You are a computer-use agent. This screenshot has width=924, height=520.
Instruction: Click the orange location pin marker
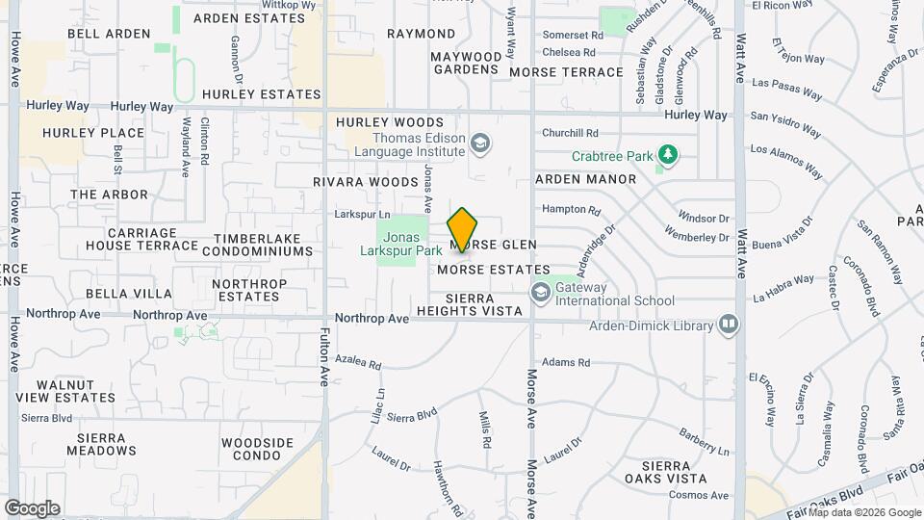pos(462,230)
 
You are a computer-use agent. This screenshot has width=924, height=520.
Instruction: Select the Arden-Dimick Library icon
pos(729,325)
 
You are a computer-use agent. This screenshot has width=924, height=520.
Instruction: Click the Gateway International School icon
pos(540,290)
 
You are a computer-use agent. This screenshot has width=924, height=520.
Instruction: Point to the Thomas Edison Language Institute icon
pos(479,143)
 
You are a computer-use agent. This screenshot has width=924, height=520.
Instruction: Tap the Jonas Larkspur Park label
pos(409,244)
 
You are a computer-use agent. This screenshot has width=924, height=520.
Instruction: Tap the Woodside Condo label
pos(257,449)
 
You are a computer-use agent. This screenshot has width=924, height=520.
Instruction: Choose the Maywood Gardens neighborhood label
pos(467,63)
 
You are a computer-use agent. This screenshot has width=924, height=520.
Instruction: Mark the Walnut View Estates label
pos(65,391)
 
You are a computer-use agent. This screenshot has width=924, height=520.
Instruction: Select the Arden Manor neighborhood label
pos(585,179)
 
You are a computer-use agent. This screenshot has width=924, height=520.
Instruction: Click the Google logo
pos(32,508)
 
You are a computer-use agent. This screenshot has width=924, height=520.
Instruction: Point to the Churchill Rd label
pos(571,133)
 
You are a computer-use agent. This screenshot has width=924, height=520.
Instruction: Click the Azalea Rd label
pos(360,365)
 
